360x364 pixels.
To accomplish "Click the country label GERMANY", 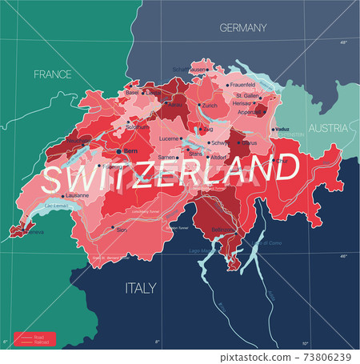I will point(243,28).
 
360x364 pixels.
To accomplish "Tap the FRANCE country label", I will point(53,74).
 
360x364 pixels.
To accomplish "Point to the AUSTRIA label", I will point(329,128).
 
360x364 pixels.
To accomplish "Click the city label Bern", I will point(130,150).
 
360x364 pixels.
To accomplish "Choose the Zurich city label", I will point(210,105).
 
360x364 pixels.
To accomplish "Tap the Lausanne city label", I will point(75,194).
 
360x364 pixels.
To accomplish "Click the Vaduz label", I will point(281,129).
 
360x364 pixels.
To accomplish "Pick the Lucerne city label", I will point(169,138).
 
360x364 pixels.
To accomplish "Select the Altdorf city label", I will point(218,158).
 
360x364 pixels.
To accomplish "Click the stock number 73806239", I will point(324,357).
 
